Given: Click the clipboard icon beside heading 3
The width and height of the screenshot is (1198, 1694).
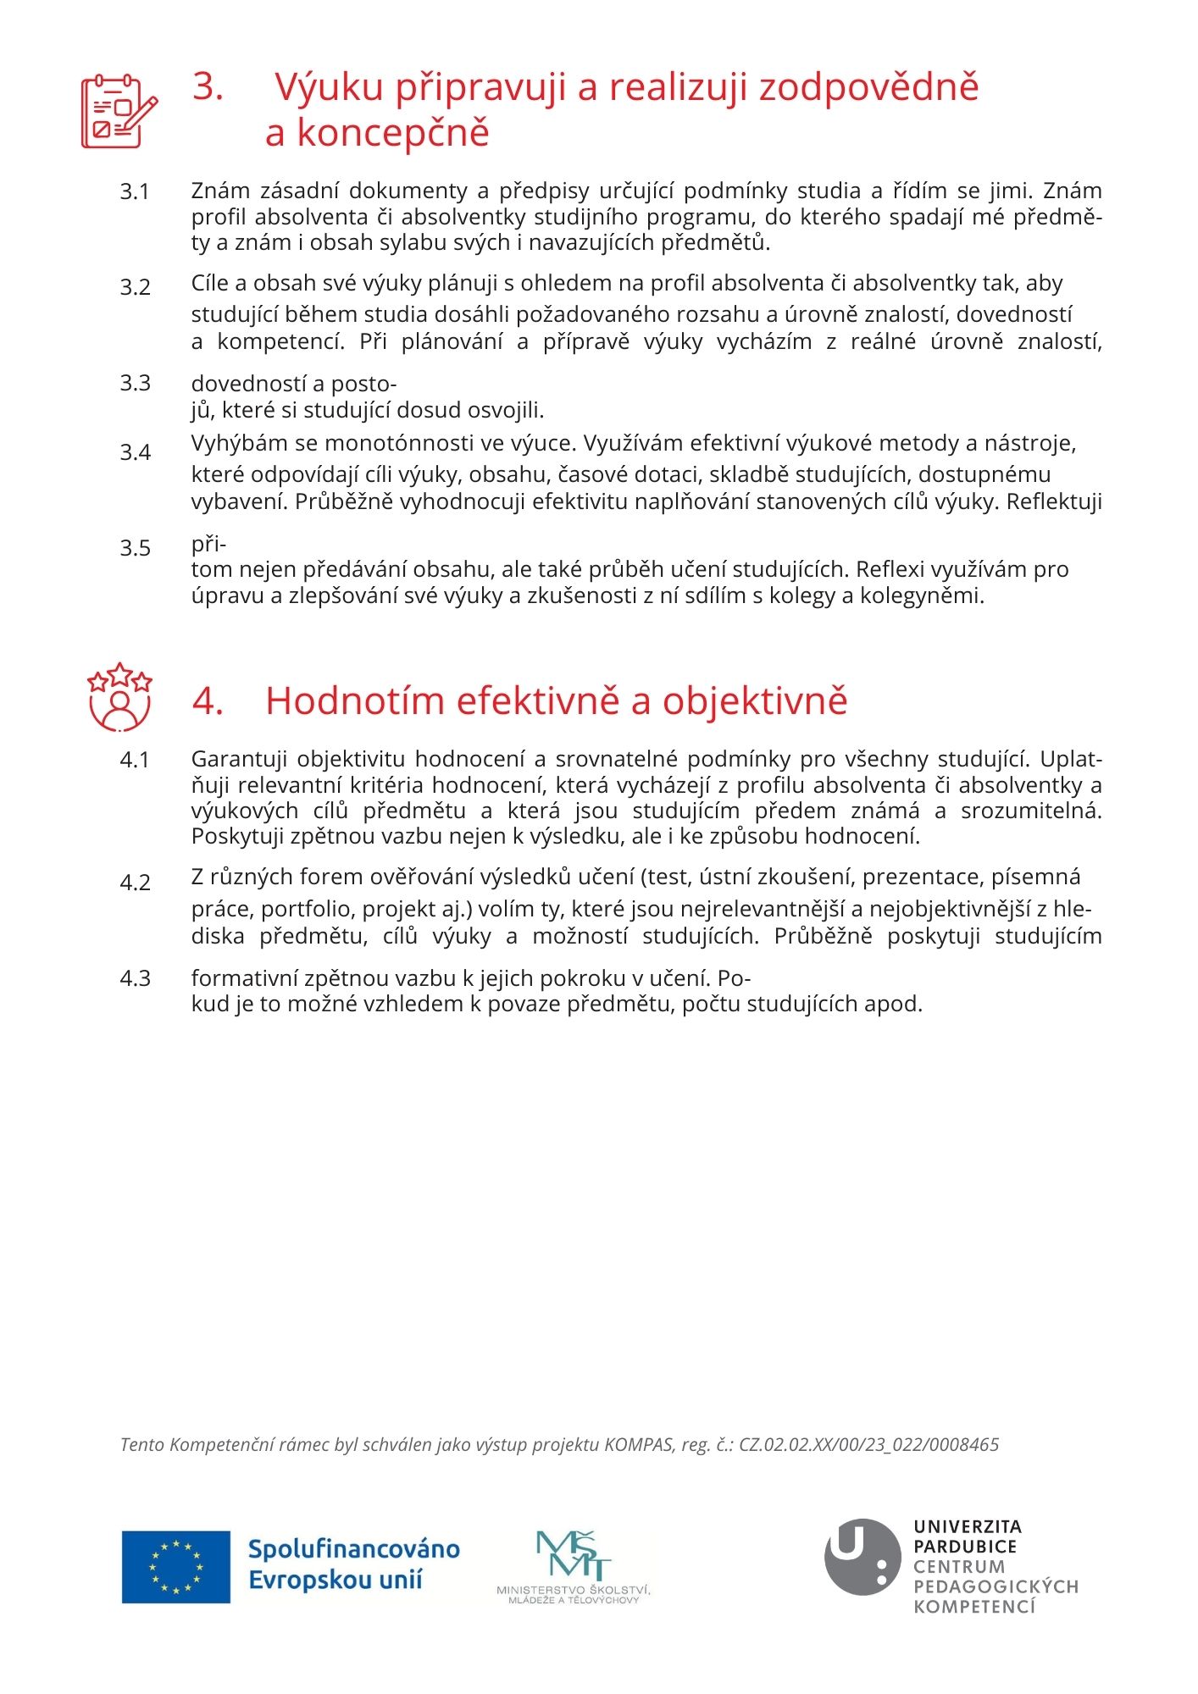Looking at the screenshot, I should [x=119, y=112].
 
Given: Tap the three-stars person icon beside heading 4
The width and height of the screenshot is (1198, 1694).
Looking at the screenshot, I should [x=119, y=697].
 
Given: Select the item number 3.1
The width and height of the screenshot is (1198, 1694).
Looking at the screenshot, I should [x=135, y=192].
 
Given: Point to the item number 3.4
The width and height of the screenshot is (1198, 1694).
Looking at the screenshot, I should [x=135, y=452].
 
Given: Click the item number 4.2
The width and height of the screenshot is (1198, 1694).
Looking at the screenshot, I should [x=135, y=883].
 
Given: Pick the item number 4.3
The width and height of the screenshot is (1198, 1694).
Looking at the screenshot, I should [x=135, y=978].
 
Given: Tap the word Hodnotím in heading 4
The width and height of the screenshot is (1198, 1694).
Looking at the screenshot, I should [x=355, y=701].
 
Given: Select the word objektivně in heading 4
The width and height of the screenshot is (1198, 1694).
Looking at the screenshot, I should [x=755, y=701].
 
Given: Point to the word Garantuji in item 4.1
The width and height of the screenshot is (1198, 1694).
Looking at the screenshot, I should [x=239, y=759].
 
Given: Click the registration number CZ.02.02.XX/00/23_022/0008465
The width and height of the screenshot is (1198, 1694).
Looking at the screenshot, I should [x=869, y=1445].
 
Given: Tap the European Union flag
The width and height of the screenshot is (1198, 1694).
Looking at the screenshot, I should [x=176, y=1567].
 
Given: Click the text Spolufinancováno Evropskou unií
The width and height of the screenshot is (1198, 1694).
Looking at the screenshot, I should [x=353, y=1565].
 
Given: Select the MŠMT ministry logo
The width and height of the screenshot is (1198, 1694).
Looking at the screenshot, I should [x=574, y=1567].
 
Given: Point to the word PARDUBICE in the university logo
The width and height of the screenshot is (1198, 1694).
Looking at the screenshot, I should [x=964, y=1547].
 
